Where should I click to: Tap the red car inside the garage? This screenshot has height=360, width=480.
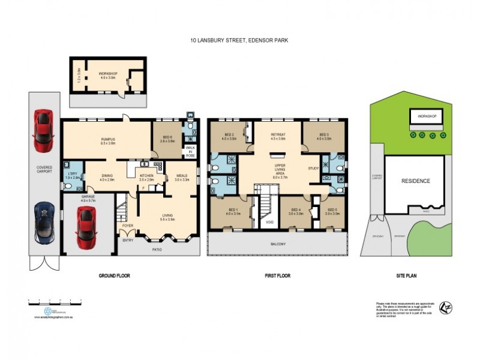[x=85, y=227]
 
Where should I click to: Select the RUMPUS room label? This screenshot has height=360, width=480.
[x=107, y=140]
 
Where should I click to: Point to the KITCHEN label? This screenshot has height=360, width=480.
[x=146, y=176]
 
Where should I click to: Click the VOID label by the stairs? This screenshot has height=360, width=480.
[x=269, y=221]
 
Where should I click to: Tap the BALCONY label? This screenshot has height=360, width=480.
[x=277, y=244]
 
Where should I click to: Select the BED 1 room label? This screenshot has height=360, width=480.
[x=232, y=211]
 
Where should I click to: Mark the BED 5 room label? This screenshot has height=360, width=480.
[x=333, y=211]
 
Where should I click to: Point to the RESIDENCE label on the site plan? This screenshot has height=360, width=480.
[x=415, y=181]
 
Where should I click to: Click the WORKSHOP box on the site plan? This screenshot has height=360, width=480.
[x=427, y=115]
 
